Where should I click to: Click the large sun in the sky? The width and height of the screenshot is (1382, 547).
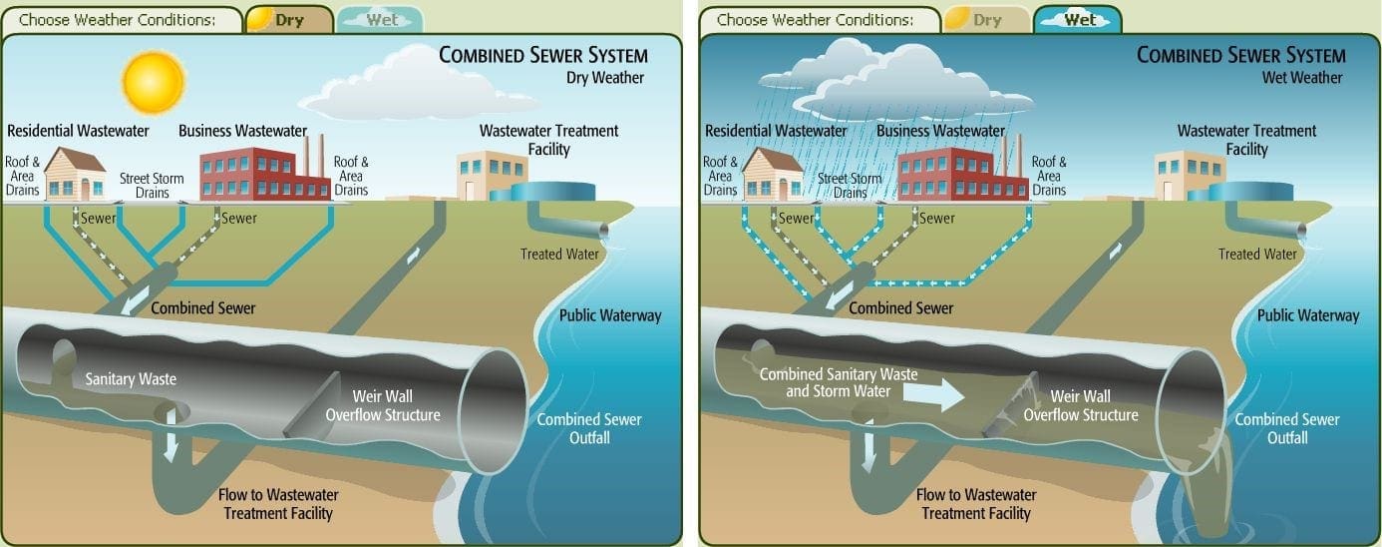153,82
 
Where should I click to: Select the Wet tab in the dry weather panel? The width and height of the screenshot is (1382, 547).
381,20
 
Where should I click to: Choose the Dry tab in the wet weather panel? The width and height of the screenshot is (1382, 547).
985,20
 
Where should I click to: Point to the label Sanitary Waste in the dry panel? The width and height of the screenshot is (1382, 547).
131,379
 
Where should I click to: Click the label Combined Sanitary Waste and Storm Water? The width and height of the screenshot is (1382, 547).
839,383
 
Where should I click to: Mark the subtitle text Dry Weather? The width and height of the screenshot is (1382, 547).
605,78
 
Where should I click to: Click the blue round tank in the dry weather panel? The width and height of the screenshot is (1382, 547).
554,191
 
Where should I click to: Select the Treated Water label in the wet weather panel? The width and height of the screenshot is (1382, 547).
1257,255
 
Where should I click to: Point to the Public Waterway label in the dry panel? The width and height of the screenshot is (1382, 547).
610,315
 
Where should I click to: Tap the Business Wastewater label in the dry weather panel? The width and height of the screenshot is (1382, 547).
242,131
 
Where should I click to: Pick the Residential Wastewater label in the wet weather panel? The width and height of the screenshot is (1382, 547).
776,131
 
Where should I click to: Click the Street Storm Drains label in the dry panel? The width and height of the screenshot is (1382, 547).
152,186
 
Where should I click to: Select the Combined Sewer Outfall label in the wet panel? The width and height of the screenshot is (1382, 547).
1287,428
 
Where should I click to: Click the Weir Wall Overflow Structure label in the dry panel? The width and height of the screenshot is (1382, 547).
396,405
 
